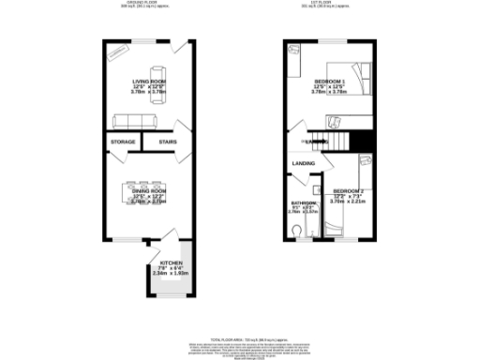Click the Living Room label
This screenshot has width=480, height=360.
[148, 82]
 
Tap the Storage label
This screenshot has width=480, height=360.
[123, 142]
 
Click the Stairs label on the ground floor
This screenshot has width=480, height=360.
[168, 142]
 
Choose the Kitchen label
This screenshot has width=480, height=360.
[171, 263]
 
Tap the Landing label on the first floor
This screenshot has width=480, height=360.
[303, 164]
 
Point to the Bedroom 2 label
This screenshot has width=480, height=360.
[347, 190]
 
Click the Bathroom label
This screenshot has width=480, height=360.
[302, 202]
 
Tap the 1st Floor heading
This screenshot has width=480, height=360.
[335, 3]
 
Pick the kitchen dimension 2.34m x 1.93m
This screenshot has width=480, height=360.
[171, 274]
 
